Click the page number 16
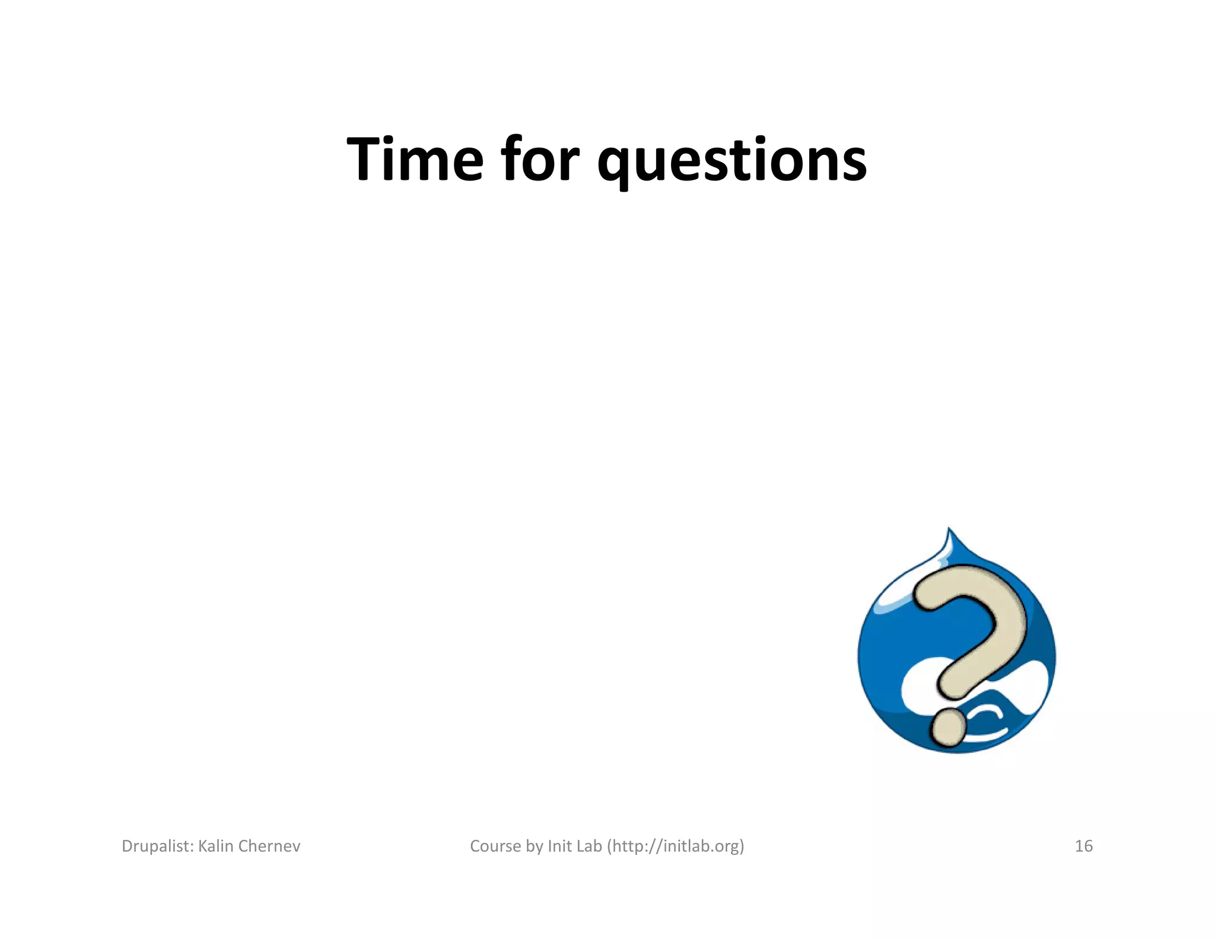pos(1083,846)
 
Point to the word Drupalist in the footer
pos(156,846)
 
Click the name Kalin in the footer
pos(215,846)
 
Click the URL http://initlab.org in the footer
pos(675,846)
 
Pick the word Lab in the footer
pos(589,846)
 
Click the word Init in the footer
pos(560,846)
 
